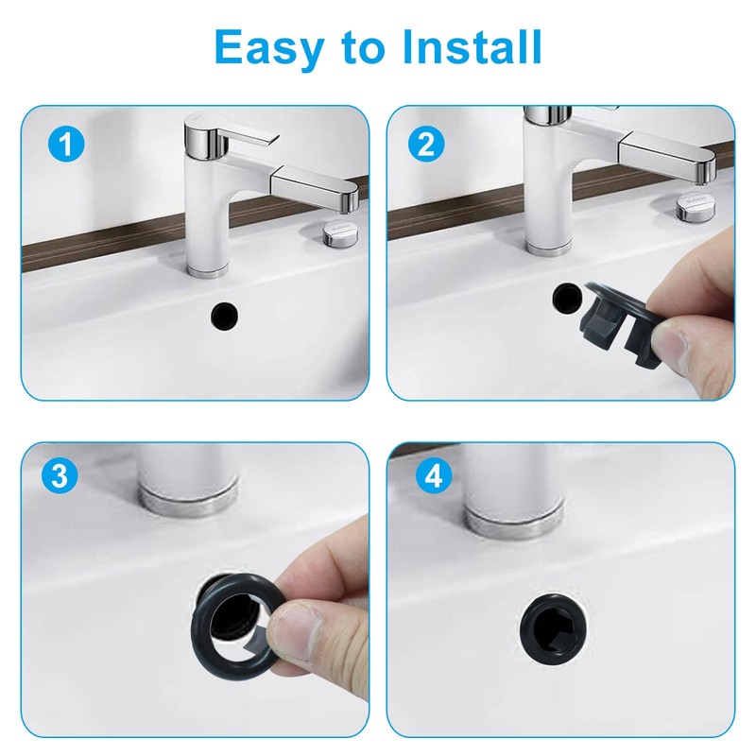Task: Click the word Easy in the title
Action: click(x=269, y=46)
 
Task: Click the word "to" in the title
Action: click(x=363, y=48)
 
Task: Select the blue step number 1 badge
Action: click(x=66, y=144)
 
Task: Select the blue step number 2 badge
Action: click(x=426, y=144)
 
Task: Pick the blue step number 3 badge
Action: click(x=59, y=475)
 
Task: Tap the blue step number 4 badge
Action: click(x=434, y=476)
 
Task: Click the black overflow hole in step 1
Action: click(x=225, y=316)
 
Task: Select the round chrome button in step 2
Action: click(x=696, y=206)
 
